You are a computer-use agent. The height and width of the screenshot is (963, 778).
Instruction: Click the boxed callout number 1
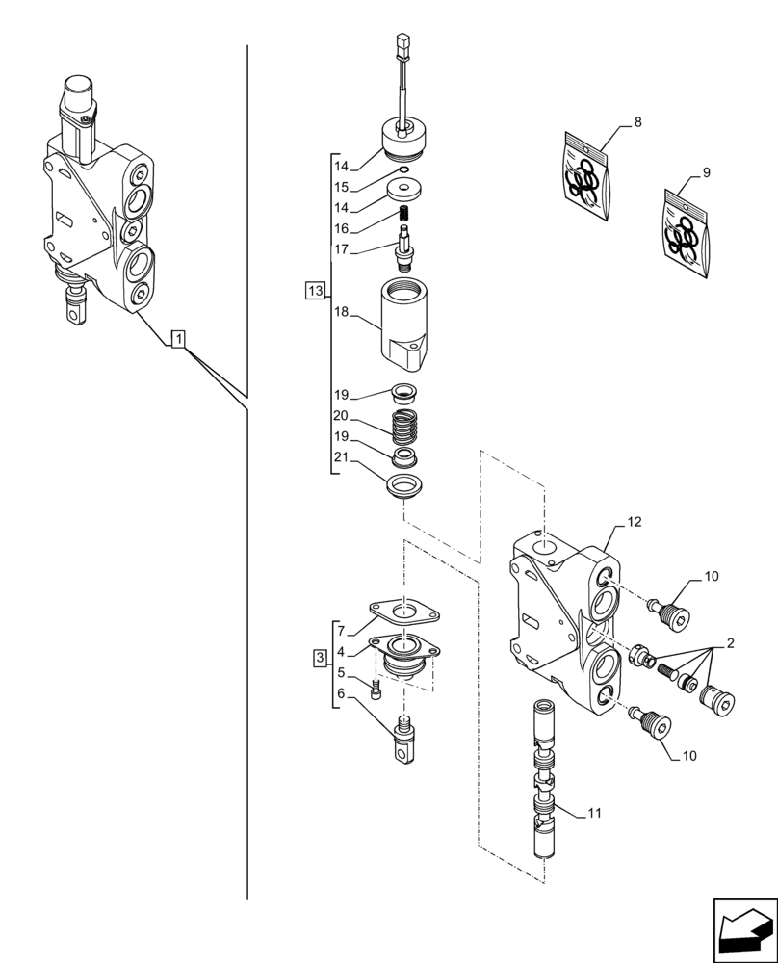point(180,339)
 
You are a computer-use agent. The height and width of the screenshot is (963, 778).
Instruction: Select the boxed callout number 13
point(313,290)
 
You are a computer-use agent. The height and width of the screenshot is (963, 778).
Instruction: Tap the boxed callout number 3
point(320,658)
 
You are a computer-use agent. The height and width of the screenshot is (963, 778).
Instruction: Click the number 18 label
point(340,314)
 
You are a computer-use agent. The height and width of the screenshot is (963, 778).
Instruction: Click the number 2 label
point(731,642)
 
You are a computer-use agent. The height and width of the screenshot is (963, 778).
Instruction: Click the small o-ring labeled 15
point(402,170)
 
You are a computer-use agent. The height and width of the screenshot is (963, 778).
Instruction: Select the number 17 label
point(340,249)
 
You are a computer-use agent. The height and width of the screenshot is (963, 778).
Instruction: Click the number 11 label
point(594,813)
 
